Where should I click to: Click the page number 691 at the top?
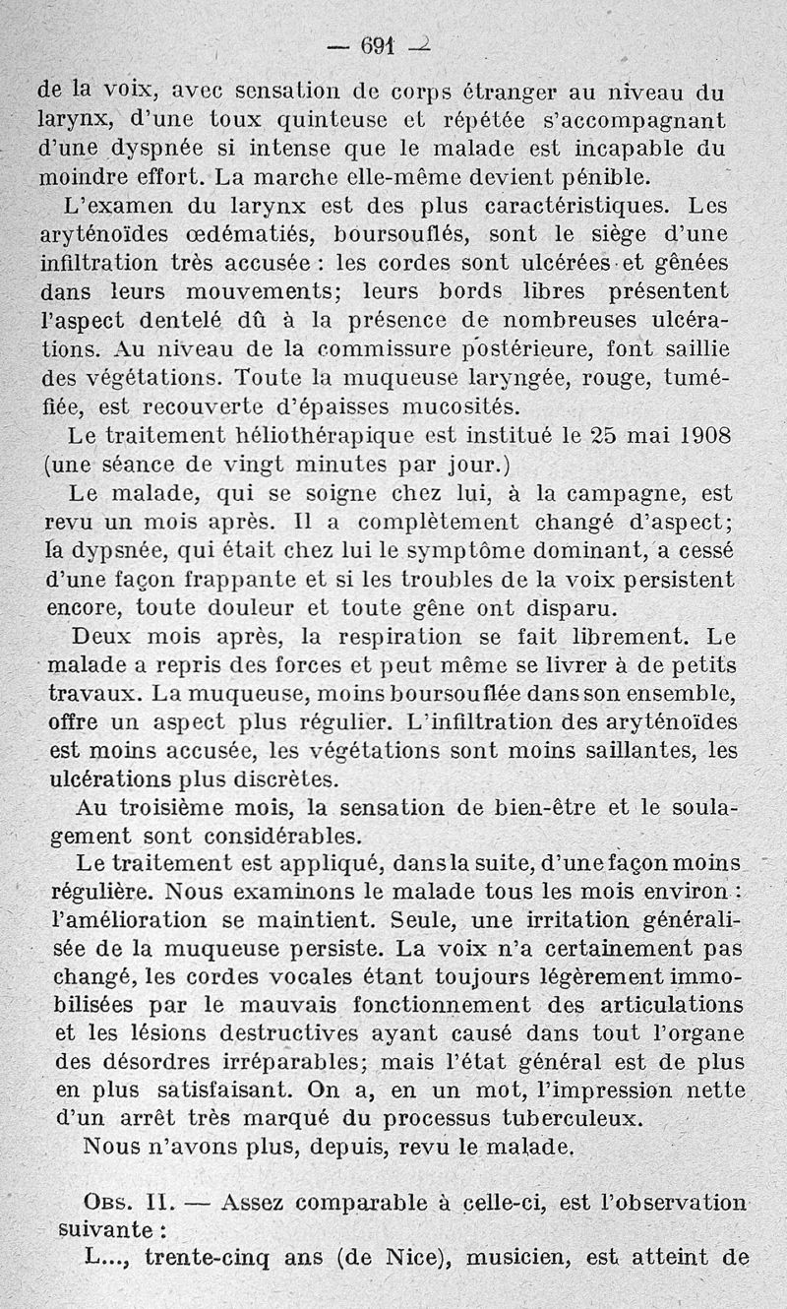pyautogui.click(x=377, y=45)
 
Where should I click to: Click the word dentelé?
pyautogui.click(x=201, y=321)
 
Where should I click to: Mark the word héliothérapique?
pyautogui.click(x=316, y=435)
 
